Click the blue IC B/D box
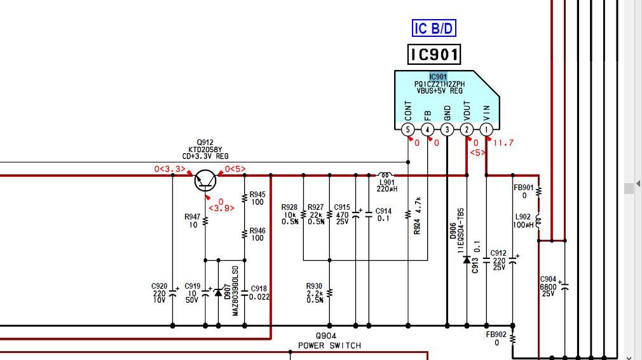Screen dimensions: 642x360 [434, 28]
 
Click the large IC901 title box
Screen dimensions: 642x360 [434, 55]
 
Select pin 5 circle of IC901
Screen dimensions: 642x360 [408, 130]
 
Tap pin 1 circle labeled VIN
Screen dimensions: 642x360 [486, 130]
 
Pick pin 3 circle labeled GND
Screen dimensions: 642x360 [447, 130]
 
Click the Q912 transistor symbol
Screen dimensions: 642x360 [205, 180]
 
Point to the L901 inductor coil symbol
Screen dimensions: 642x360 [385, 176]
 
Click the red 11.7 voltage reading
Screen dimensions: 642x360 [503, 143]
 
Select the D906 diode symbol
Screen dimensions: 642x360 [467, 260]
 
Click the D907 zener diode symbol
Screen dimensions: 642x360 [218, 292]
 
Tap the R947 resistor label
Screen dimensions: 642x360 [193, 217]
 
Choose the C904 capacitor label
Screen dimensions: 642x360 [548, 279]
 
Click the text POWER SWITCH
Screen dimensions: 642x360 [330, 345]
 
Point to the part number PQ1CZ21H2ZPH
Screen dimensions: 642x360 [439, 84]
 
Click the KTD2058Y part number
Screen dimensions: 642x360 [205, 149]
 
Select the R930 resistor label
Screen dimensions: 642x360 [314, 286]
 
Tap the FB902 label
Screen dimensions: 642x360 [496, 335]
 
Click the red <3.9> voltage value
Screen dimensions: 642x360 [221, 209]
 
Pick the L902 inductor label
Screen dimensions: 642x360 [523, 217]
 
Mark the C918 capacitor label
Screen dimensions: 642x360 [259, 289]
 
